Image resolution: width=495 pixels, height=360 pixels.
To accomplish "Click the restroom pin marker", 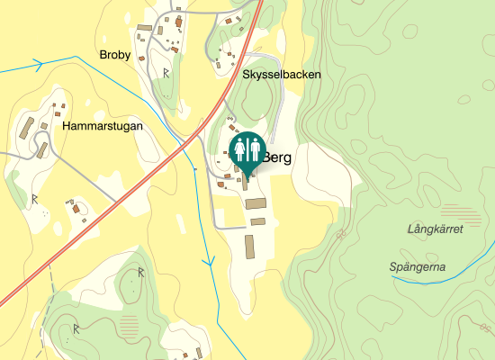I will [247, 149].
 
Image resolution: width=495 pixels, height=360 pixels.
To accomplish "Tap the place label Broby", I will [115, 55].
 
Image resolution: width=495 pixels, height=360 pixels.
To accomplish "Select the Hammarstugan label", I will [103, 127].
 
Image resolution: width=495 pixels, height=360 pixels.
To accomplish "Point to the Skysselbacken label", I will [282, 75].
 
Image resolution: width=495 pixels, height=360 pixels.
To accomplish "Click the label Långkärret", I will [435, 229].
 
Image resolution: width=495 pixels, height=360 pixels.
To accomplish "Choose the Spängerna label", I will [418, 266].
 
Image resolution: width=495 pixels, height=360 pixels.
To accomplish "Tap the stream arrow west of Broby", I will [39, 64].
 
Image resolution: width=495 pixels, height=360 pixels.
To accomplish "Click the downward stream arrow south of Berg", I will [209, 262].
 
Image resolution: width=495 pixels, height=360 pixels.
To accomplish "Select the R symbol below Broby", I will [166, 72].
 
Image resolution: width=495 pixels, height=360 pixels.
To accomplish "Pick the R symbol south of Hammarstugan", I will [34, 198].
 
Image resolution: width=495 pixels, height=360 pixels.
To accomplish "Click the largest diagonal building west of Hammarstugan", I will [27, 127].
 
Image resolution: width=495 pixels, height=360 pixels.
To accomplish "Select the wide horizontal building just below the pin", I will [256, 203].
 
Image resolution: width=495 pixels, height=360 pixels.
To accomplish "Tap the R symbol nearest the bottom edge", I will [77, 328].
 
